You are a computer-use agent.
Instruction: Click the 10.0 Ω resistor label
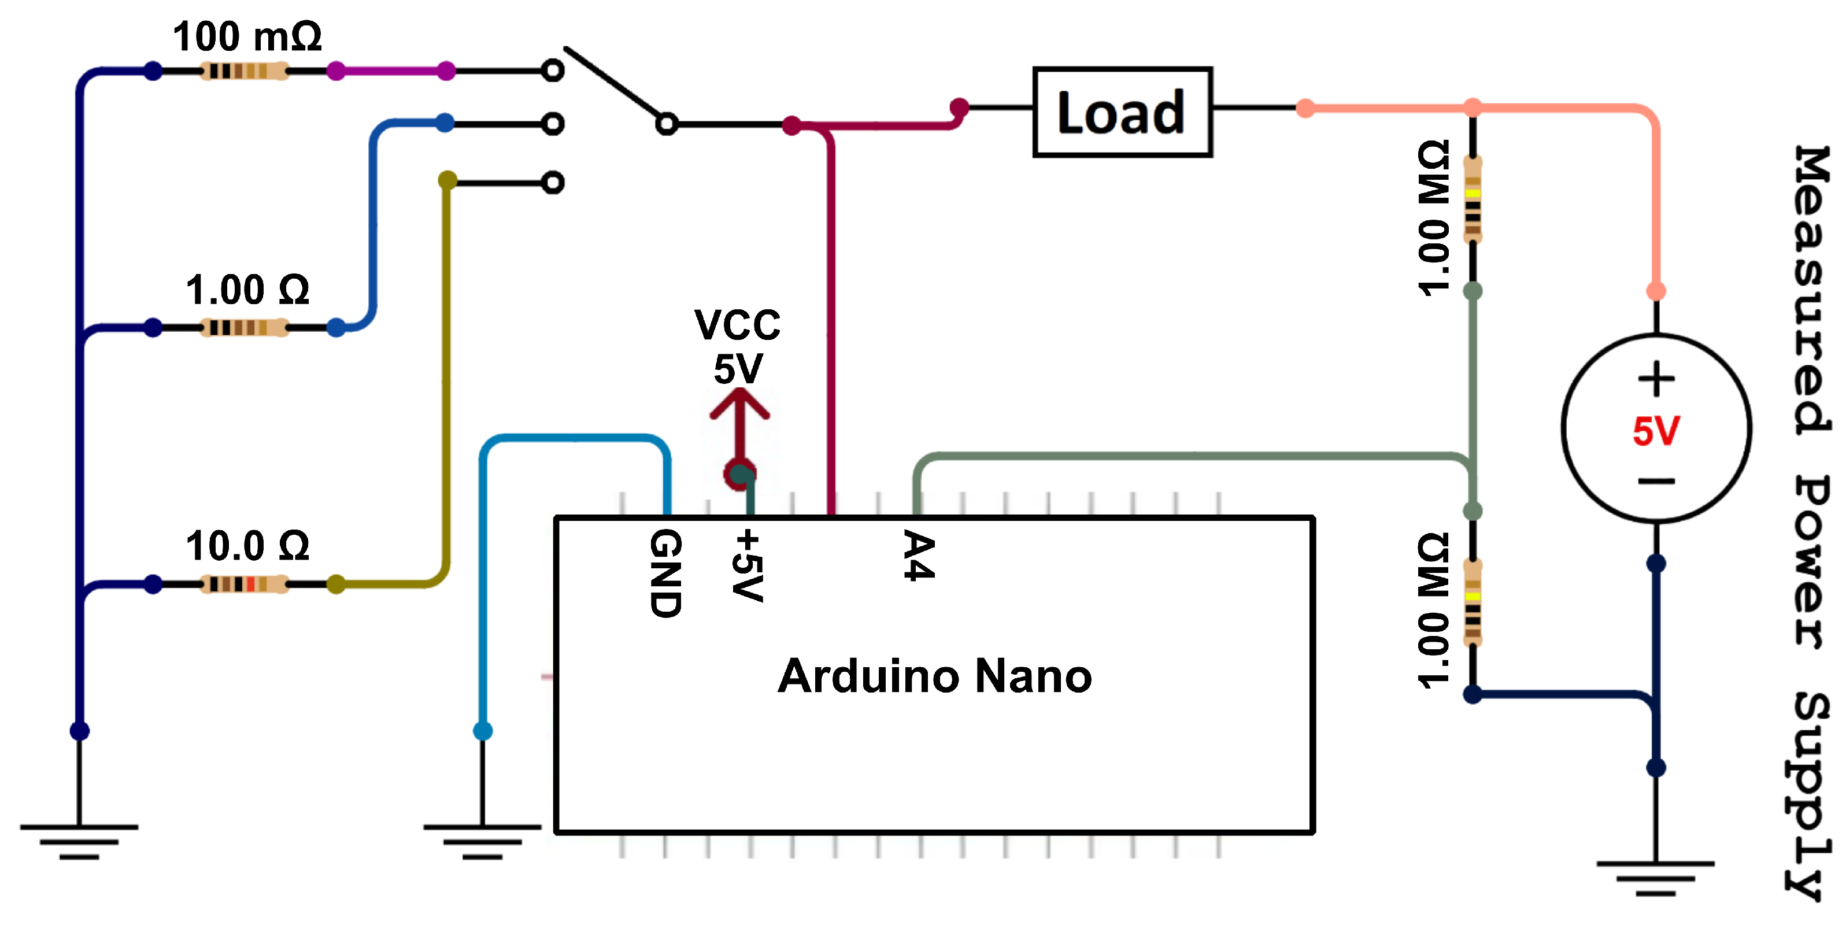click(x=247, y=546)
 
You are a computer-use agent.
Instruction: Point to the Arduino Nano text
click(x=935, y=676)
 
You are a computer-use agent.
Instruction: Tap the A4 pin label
click(x=919, y=555)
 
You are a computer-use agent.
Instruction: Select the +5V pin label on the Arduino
click(x=748, y=565)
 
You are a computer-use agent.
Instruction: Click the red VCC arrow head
click(x=739, y=403)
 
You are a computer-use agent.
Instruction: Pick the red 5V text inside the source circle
click(x=1656, y=431)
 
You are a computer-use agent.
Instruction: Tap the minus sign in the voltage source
click(x=1656, y=481)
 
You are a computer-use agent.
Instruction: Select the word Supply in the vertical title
click(x=1810, y=796)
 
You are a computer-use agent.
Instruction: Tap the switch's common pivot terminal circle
click(x=667, y=124)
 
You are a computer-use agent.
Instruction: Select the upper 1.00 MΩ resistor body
click(x=1473, y=200)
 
